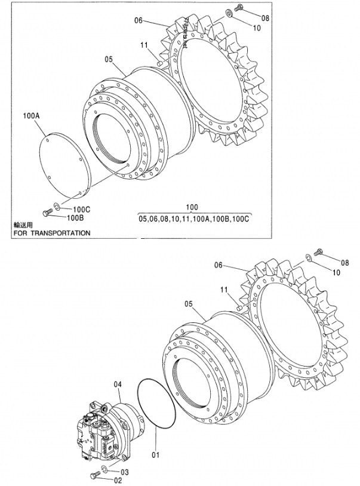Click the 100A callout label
point(31,113)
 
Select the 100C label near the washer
point(82,210)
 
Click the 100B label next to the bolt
point(75,218)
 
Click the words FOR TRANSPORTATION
point(51,233)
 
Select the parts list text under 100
point(193,219)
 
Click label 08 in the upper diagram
point(265,18)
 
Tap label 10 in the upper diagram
point(257,27)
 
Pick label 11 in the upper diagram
point(144,44)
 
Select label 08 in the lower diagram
point(344,262)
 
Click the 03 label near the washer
point(125,472)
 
